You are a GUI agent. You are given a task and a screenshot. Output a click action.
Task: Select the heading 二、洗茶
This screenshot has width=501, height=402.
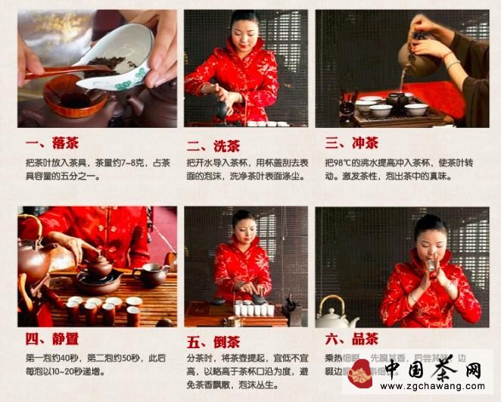pyautogui.click(x=215, y=145)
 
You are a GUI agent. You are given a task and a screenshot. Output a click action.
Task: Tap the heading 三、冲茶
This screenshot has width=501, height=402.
pyautogui.click(x=351, y=142)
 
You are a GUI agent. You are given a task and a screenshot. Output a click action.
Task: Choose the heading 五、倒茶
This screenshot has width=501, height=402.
pyautogui.click(x=215, y=341)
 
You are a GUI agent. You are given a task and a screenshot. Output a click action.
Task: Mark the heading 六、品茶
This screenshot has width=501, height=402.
pyautogui.click(x=352, y=339)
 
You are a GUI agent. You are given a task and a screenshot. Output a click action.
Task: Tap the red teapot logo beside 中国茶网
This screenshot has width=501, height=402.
pyautogui.click(x=361, y=372)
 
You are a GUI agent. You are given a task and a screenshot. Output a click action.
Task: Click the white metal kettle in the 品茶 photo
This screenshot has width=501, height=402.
pyautogui.click(x=337, y=312)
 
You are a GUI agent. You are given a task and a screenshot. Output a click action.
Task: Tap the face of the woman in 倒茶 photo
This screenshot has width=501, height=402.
pyautogui.click(x=244, y=229)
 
